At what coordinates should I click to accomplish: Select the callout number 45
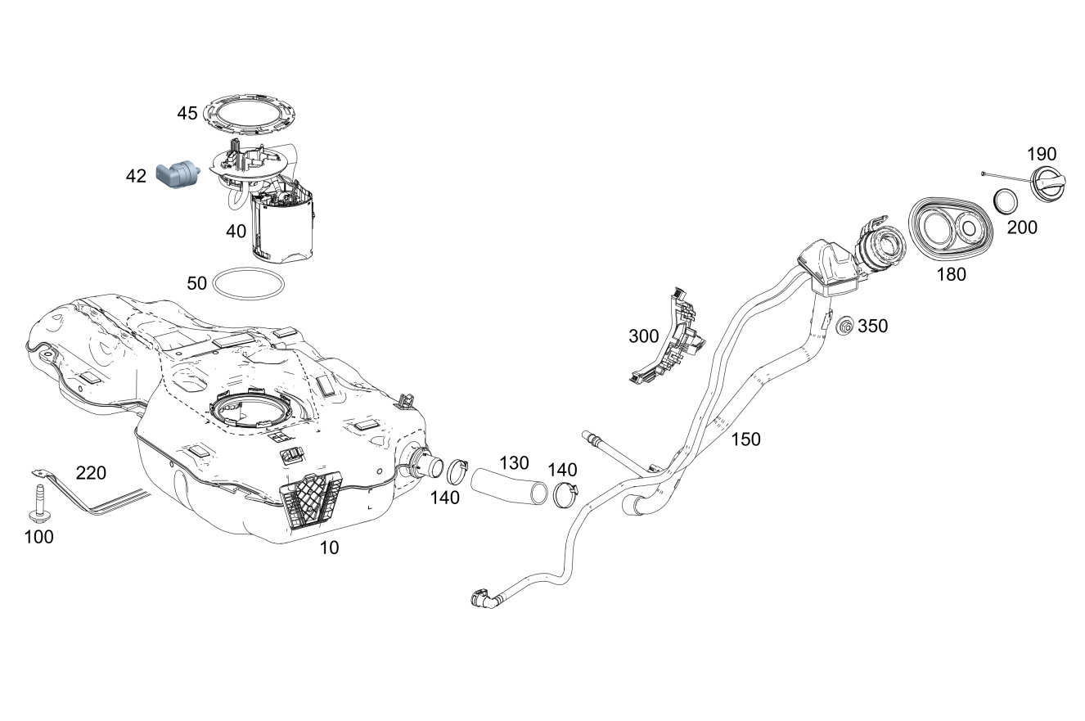(187, 113)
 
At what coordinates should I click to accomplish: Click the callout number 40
(236, 232)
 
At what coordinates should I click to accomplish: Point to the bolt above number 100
(38, 502)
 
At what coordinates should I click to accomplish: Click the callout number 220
(92, 472)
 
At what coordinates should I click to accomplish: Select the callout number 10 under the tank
(329, 548)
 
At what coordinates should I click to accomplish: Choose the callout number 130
(514, 463)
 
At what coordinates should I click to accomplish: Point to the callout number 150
(745, 439)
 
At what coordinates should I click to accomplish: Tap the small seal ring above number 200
(1005, 200)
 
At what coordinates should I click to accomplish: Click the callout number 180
(951, 275)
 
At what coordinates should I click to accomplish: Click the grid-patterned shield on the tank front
(312, 498)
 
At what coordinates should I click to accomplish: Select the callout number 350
(872, 327)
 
